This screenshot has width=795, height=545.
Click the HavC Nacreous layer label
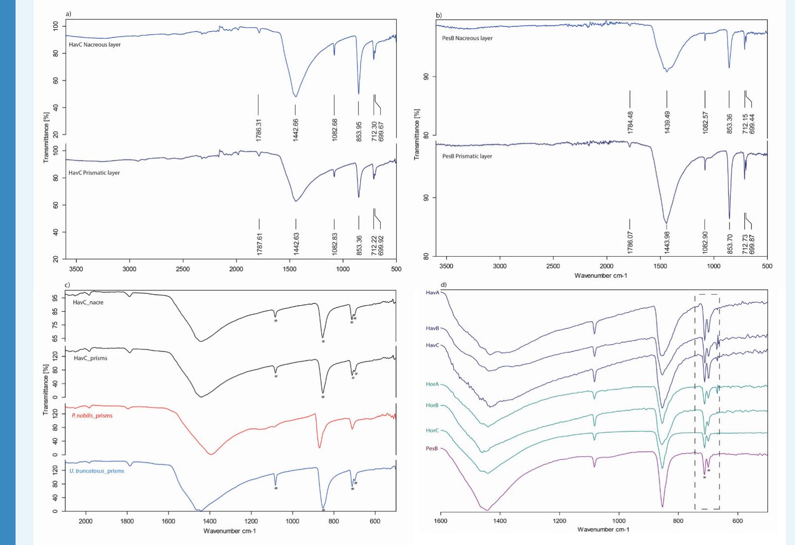click(x=95, y=45)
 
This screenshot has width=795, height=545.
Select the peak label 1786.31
click(x=259, y=130)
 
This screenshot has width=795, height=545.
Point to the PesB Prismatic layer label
click(x=467, y=157)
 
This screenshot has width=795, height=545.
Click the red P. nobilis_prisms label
click(x=92, y=416)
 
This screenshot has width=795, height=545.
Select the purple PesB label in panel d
click(x=432, y=449)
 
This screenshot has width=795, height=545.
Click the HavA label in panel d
click(x=432, y=293)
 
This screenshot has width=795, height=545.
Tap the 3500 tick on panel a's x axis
click(x=76, y=269)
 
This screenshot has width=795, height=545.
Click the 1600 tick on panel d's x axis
click(x=441, y=521)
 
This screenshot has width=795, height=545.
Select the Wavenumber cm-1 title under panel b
click(x=601, y=276)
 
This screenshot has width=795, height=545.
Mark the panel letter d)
click(x=443, y=285)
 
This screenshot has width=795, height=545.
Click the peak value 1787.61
click(x=259, y=244)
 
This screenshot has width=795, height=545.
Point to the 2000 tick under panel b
click(x=606, y=266)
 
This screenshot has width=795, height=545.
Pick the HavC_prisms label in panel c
click(x=90, y=358)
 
